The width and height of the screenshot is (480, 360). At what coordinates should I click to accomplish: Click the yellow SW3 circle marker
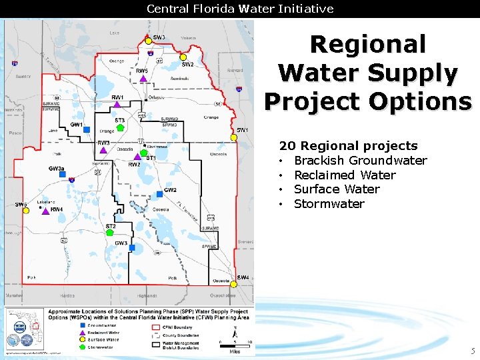point(149,41)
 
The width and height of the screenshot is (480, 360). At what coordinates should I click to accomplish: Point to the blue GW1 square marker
point(87,129)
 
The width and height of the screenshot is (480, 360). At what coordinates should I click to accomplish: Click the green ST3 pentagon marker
point(119,128)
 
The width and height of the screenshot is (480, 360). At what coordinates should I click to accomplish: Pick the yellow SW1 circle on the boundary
point(233,137)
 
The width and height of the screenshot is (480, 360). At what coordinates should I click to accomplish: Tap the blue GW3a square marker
point(63,175)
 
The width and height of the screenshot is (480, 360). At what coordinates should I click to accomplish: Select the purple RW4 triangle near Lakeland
point(47,211)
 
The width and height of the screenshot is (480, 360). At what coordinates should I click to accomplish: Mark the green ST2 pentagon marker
point(111,233)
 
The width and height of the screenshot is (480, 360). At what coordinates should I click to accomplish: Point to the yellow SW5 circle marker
point(26,210)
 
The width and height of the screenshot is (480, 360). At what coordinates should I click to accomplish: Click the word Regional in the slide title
point(368,45)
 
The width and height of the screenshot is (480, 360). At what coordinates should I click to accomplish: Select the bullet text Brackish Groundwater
point(360,161)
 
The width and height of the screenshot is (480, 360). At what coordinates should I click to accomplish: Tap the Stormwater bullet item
point(329,204)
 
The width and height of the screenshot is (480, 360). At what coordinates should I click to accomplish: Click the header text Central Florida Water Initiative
point(240,9)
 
